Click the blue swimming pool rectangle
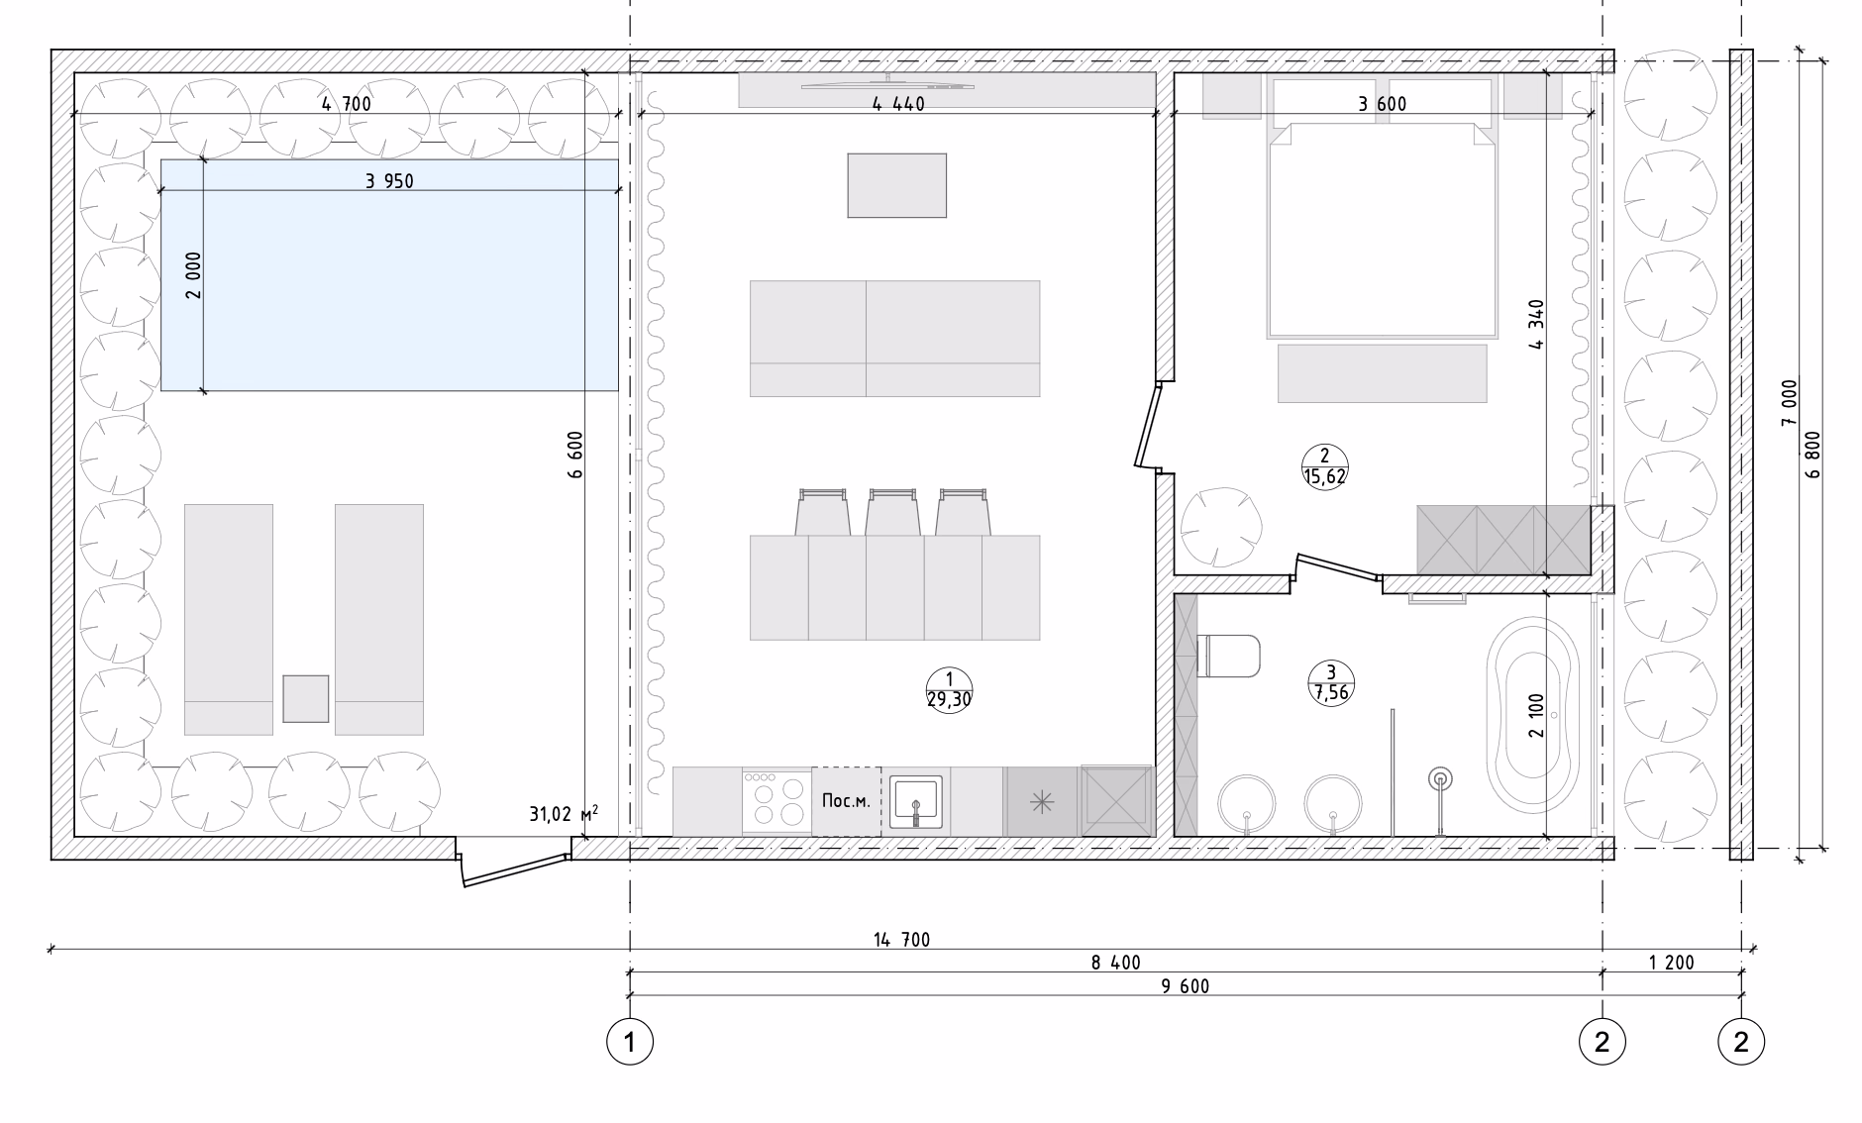tap(389, 274)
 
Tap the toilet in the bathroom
tap(1228, 656)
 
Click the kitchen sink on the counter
tap(915, 801)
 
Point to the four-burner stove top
tap(776, 800)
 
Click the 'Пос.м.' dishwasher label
tap(847, 801)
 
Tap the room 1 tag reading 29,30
tap(949, 690)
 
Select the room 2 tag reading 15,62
tap(1324, 465)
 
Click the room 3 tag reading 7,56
tap(1331, 682)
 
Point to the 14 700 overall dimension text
tap(901, 939)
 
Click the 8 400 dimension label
tap(1116, 963)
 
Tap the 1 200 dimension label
tap(1671, 963)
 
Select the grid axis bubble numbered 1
tap(630, 1041)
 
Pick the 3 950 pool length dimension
tap(389, 180)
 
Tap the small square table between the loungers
tap(306, 698)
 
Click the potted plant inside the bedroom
tap(1221, 526)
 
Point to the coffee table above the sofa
tap(896, 185)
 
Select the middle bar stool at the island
tap(892, 512)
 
